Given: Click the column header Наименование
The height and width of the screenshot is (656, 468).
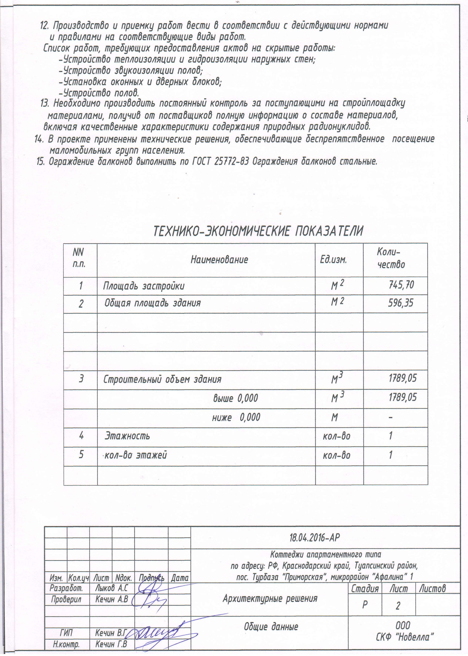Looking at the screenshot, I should click(x=219, y=260).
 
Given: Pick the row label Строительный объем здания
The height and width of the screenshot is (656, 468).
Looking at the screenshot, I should click(x=162, y=379).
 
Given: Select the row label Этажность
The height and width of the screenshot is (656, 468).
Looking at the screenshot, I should click(x=127, y=436).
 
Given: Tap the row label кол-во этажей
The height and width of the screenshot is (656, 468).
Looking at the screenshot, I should click(x=135, y=455).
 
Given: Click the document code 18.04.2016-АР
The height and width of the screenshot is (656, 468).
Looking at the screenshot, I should click(x=315, y=537).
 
